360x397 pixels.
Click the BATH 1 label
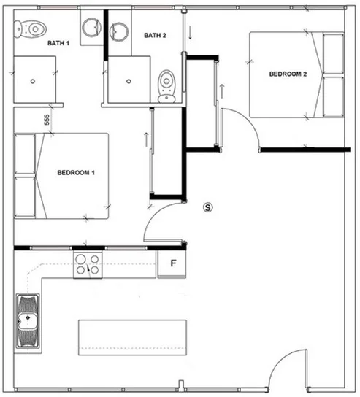click(58, 43)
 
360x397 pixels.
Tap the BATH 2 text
click(155, 36)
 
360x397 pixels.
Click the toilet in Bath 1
click(31, 30)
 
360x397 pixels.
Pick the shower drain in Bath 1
click(32, 81)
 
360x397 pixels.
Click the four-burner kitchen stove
click(88, 265)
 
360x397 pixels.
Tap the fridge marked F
click(174, 263)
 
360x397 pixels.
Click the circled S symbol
click(208, 207)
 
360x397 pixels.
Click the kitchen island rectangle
click(131, 336)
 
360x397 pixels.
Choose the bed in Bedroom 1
click(62, 175)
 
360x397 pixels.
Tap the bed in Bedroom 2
click(296, 74)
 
